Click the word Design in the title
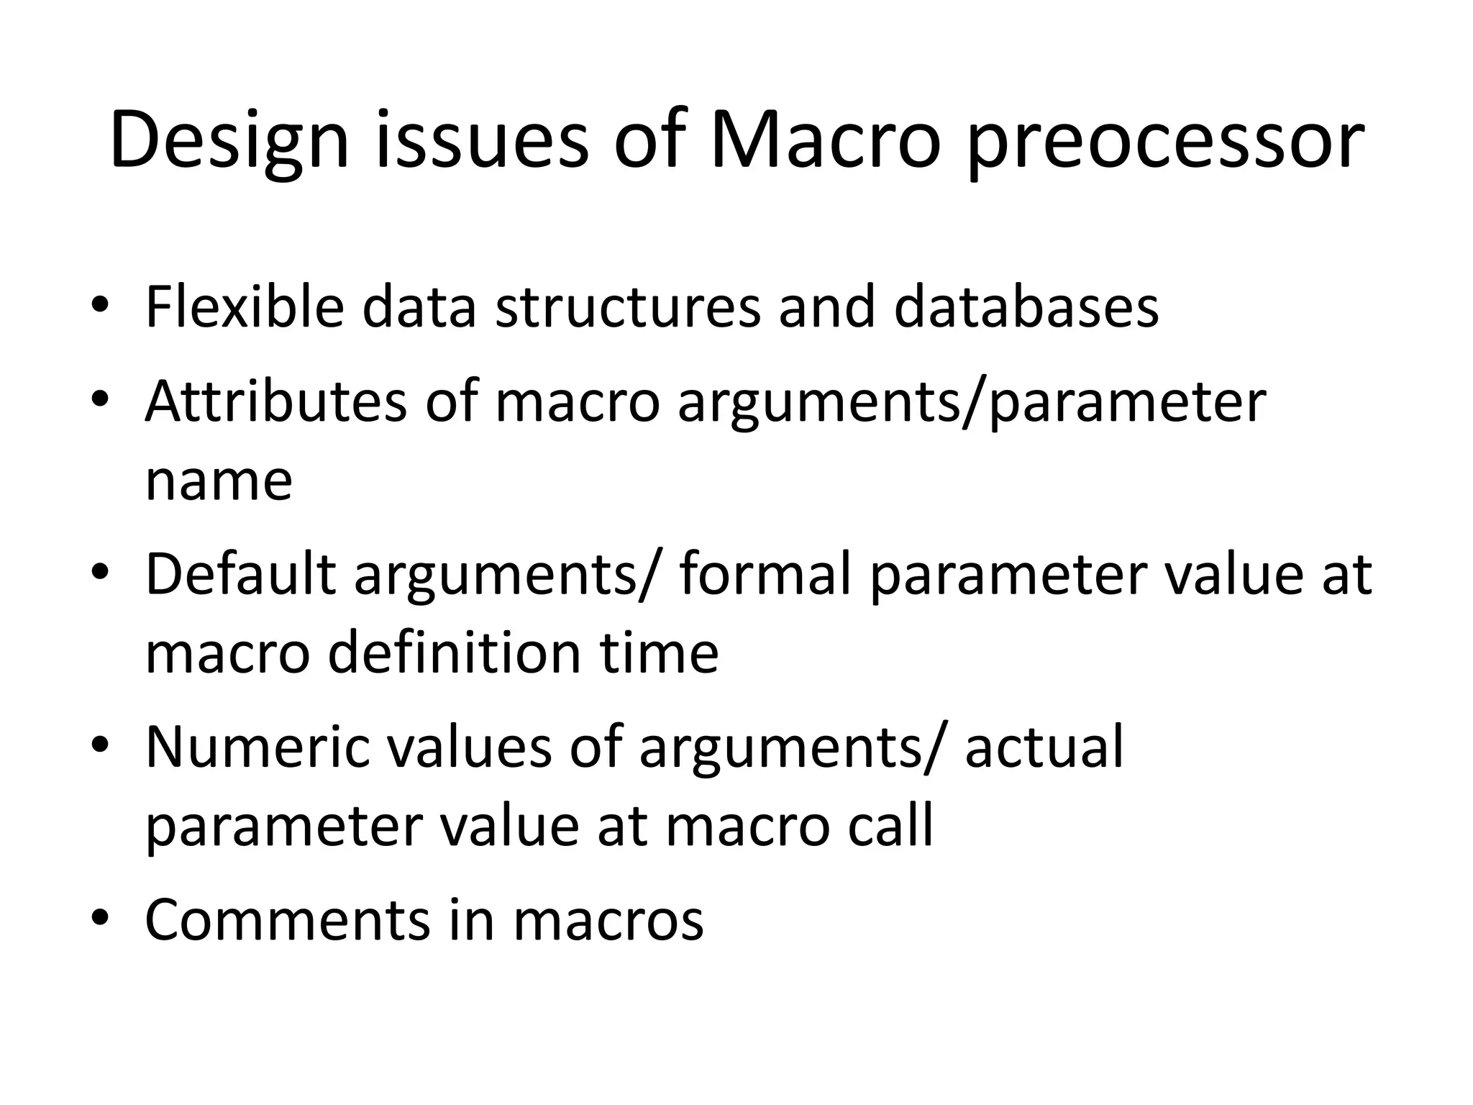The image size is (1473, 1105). [x=229, y=140]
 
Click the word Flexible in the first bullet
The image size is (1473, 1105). [x=245, y=307]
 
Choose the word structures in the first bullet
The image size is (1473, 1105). [x=628, y=307]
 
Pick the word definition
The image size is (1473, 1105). [x=454, y=652]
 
